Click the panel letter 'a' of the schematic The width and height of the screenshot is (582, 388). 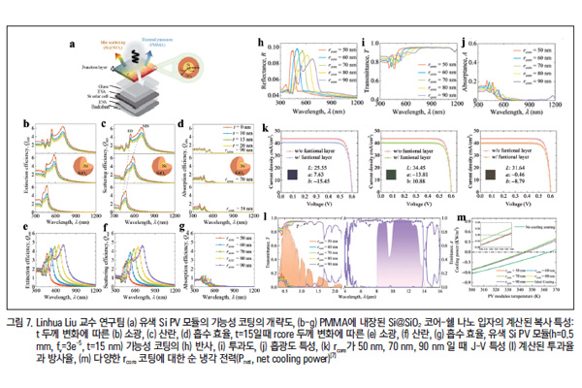point(70,44)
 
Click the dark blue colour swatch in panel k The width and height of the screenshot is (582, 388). point(290,175)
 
